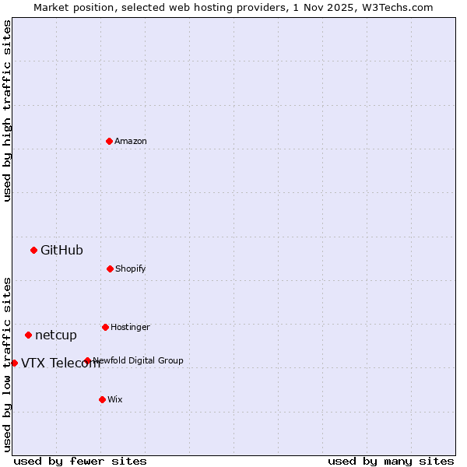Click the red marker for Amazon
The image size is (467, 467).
[109, 141]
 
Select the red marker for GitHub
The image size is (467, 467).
[33, 250]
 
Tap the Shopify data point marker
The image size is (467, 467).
[110, 269]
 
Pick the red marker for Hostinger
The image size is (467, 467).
[105, 327]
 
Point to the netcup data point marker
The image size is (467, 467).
[28, 335]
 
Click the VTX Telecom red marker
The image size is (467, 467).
[14, 363]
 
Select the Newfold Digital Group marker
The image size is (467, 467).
[87, 360]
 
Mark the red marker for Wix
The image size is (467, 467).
[102, 399]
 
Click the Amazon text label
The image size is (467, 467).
[131, 141]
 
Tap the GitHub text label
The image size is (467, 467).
[61, 250]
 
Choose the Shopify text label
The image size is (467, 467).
[131, 269]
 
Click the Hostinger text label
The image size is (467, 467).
[130, 327]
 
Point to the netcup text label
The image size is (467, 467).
[56, 335]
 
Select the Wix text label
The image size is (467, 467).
[115, 399]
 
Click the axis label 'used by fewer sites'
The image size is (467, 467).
[80, 461]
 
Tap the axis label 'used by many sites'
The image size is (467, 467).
[391, 461]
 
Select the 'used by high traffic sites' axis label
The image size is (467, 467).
[7, 111]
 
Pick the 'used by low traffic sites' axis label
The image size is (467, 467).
[7, 363]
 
